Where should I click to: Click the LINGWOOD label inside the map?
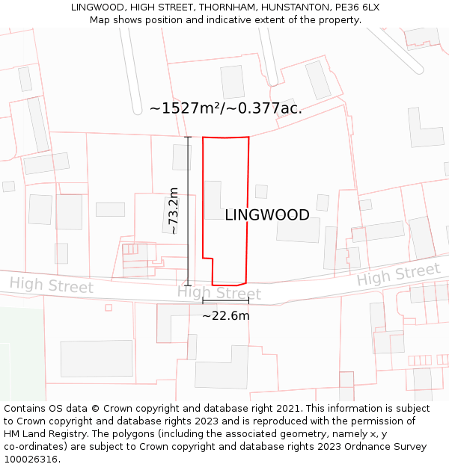[x=267, y=215]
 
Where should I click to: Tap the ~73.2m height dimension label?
[x=174, y=211]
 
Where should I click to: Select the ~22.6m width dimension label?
[x=226, y=316]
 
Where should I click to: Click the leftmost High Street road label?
[x=52, y=285]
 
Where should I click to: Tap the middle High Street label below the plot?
[x=219, y=293]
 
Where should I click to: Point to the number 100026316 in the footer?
[x=31, y=460]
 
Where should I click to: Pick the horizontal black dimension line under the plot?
[x=225, y=301]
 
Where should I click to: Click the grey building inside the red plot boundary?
[x=213, y=200]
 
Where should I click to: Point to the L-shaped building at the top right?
[x=424, y=129]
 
